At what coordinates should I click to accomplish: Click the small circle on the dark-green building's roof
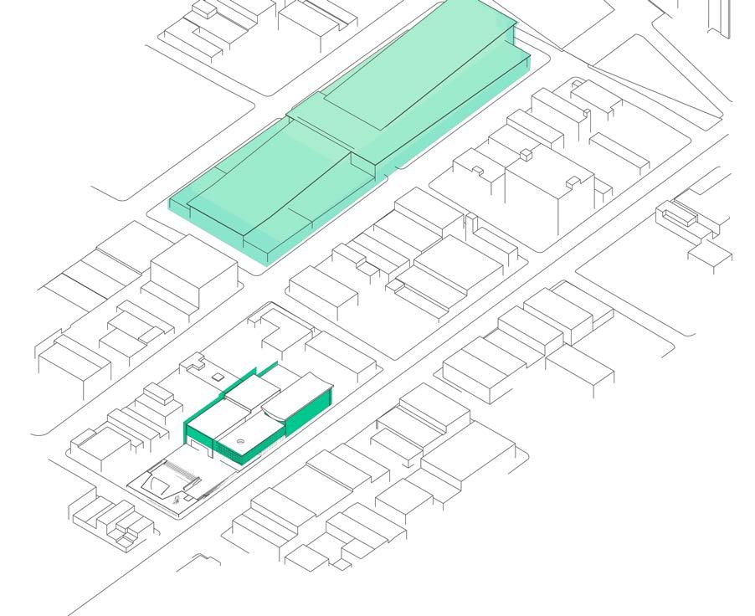pos(240,441)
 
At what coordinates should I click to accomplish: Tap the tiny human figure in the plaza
pos(177,500)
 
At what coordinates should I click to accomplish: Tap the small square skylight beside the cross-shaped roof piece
pos(218,378)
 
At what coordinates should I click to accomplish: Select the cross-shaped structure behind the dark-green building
pos(198,364)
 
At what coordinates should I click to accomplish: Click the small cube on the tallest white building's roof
pos(525,154)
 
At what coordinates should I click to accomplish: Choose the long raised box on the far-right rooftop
pos(680,215)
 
